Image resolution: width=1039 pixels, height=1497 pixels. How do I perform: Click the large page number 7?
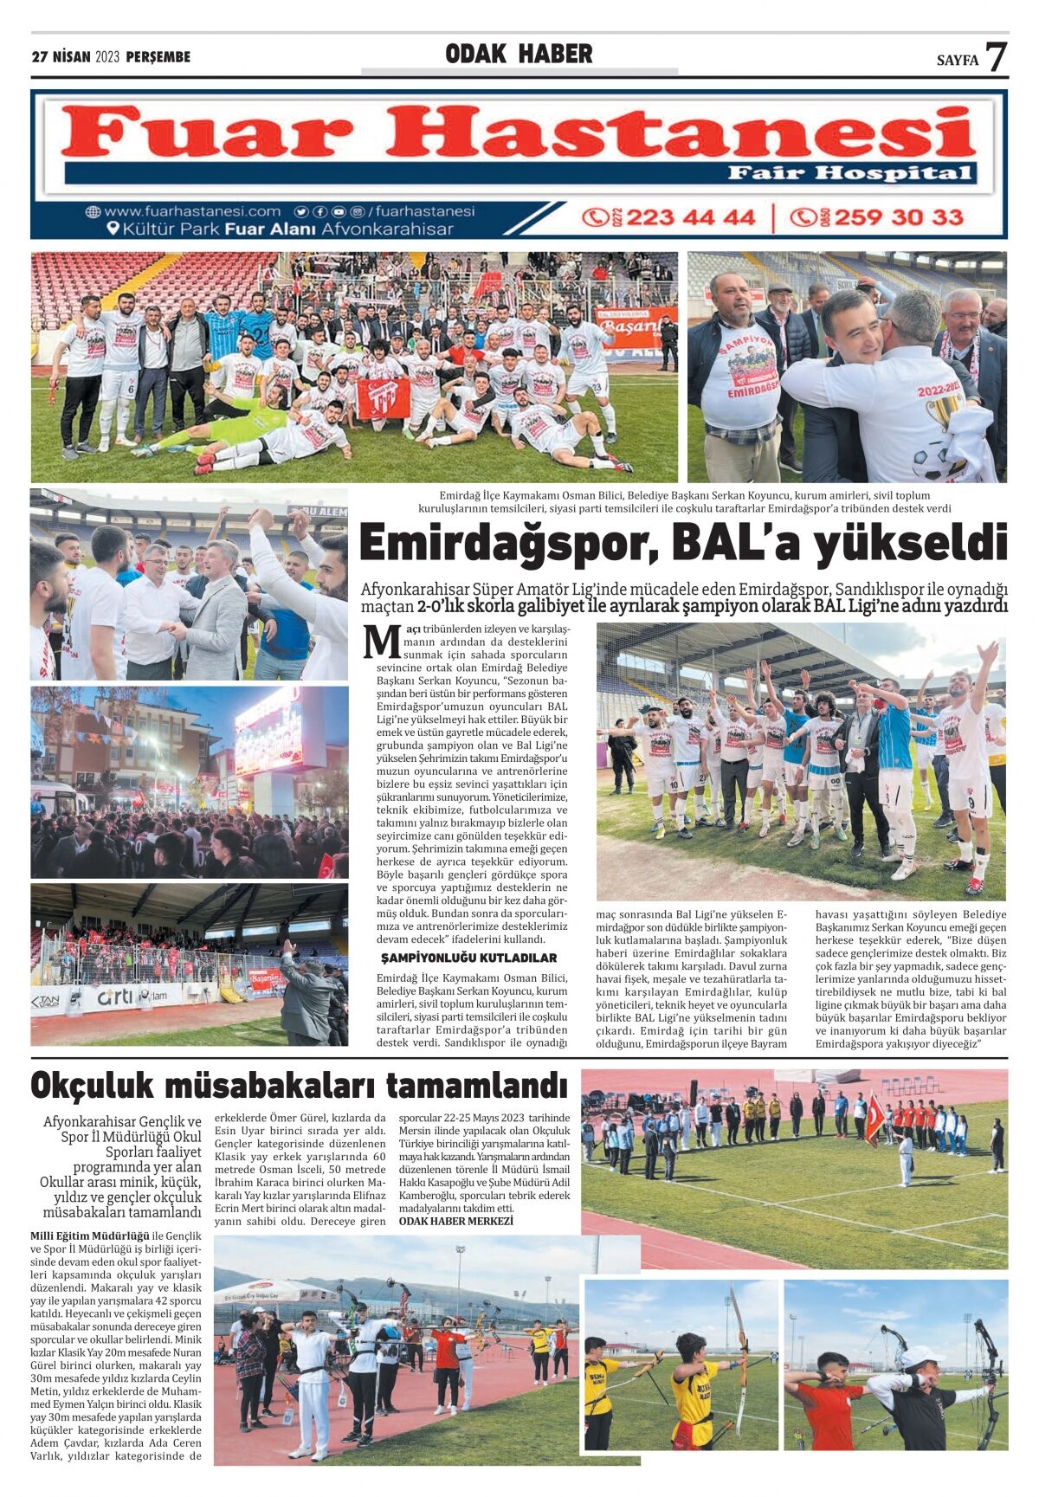click(997, 57)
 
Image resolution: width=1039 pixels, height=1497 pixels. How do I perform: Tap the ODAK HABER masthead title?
click(519, 55)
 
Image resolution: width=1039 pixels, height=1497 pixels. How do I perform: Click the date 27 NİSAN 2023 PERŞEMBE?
click(111, 57)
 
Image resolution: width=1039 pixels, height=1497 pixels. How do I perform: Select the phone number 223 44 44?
click(689, 216)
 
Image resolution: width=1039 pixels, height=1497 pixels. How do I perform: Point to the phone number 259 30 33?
click(898, 216)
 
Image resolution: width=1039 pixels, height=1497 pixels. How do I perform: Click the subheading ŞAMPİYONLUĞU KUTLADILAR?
click(468, 958)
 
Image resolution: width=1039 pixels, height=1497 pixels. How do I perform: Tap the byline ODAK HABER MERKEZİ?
click(455, 1221)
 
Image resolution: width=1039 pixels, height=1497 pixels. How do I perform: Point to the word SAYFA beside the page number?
click(957, 61)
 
